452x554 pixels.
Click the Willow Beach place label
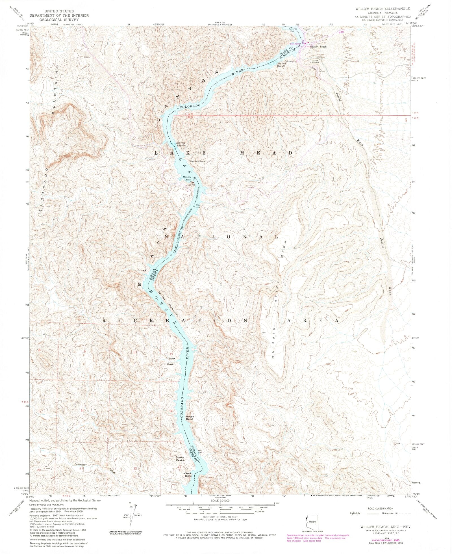318,47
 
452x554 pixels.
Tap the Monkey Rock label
197,161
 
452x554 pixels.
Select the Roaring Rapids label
181,144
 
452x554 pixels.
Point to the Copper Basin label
170,361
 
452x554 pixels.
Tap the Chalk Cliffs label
188,482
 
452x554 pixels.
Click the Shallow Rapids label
282,64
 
